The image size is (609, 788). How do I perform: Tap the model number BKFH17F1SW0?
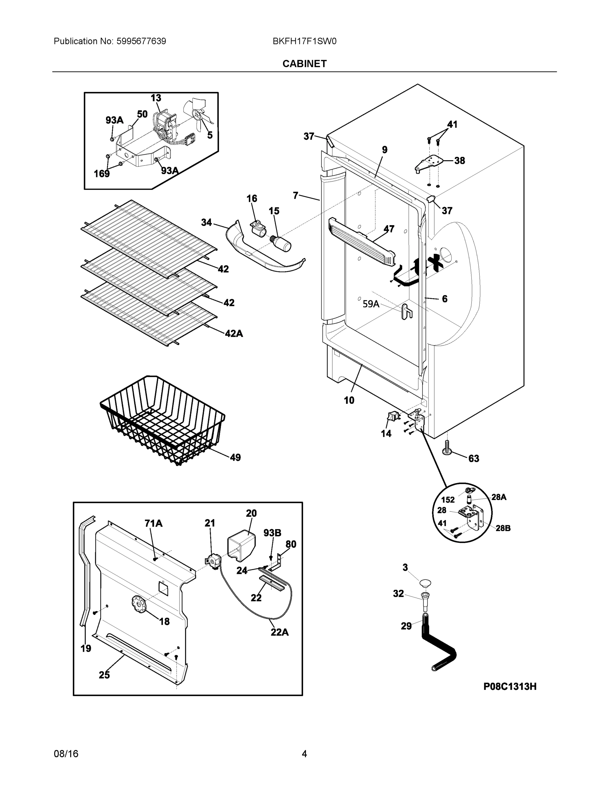[304, 41]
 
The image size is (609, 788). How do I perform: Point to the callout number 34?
[207, 223]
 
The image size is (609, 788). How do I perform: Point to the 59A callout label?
[371, 304]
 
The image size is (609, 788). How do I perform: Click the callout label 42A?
[234, 334]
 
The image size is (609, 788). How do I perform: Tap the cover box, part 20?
[241, 544]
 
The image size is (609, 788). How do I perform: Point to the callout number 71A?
[153, 523]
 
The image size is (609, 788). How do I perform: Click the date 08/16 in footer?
[66, 754]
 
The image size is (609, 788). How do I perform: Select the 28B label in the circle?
[503, 528]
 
